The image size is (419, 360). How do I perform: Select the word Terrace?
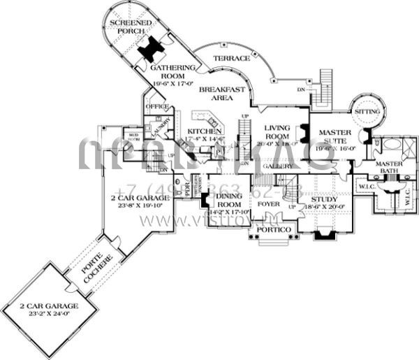tap(231, 58)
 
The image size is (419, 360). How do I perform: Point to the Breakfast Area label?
tap(221, 94)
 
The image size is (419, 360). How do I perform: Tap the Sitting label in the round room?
tap(367, 111)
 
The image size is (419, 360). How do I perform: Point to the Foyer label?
tap(269, 204)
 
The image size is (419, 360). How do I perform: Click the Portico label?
tap(269, 229)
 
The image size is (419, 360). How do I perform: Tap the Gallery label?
tap(279, 167)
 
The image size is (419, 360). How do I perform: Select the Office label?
tap(158, 106)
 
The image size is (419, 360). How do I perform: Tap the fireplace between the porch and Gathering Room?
tap(152, 49)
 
